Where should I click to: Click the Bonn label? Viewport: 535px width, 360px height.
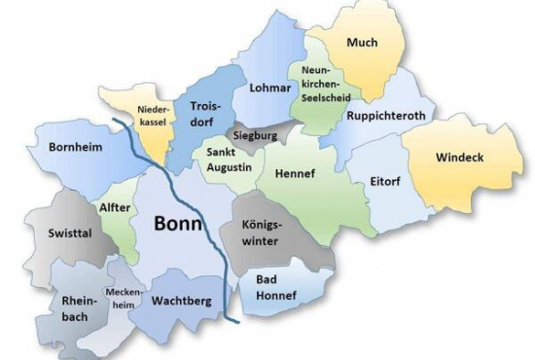178,223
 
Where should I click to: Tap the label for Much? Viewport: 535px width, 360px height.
362,42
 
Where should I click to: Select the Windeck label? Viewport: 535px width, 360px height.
460,157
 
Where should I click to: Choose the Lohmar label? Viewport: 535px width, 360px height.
270,88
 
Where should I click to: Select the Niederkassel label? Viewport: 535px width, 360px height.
155,117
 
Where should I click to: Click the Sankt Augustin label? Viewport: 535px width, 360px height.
229,161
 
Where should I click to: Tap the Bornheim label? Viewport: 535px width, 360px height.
75,148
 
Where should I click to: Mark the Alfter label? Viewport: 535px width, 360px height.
116,207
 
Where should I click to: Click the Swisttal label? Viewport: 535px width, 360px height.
68,234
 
